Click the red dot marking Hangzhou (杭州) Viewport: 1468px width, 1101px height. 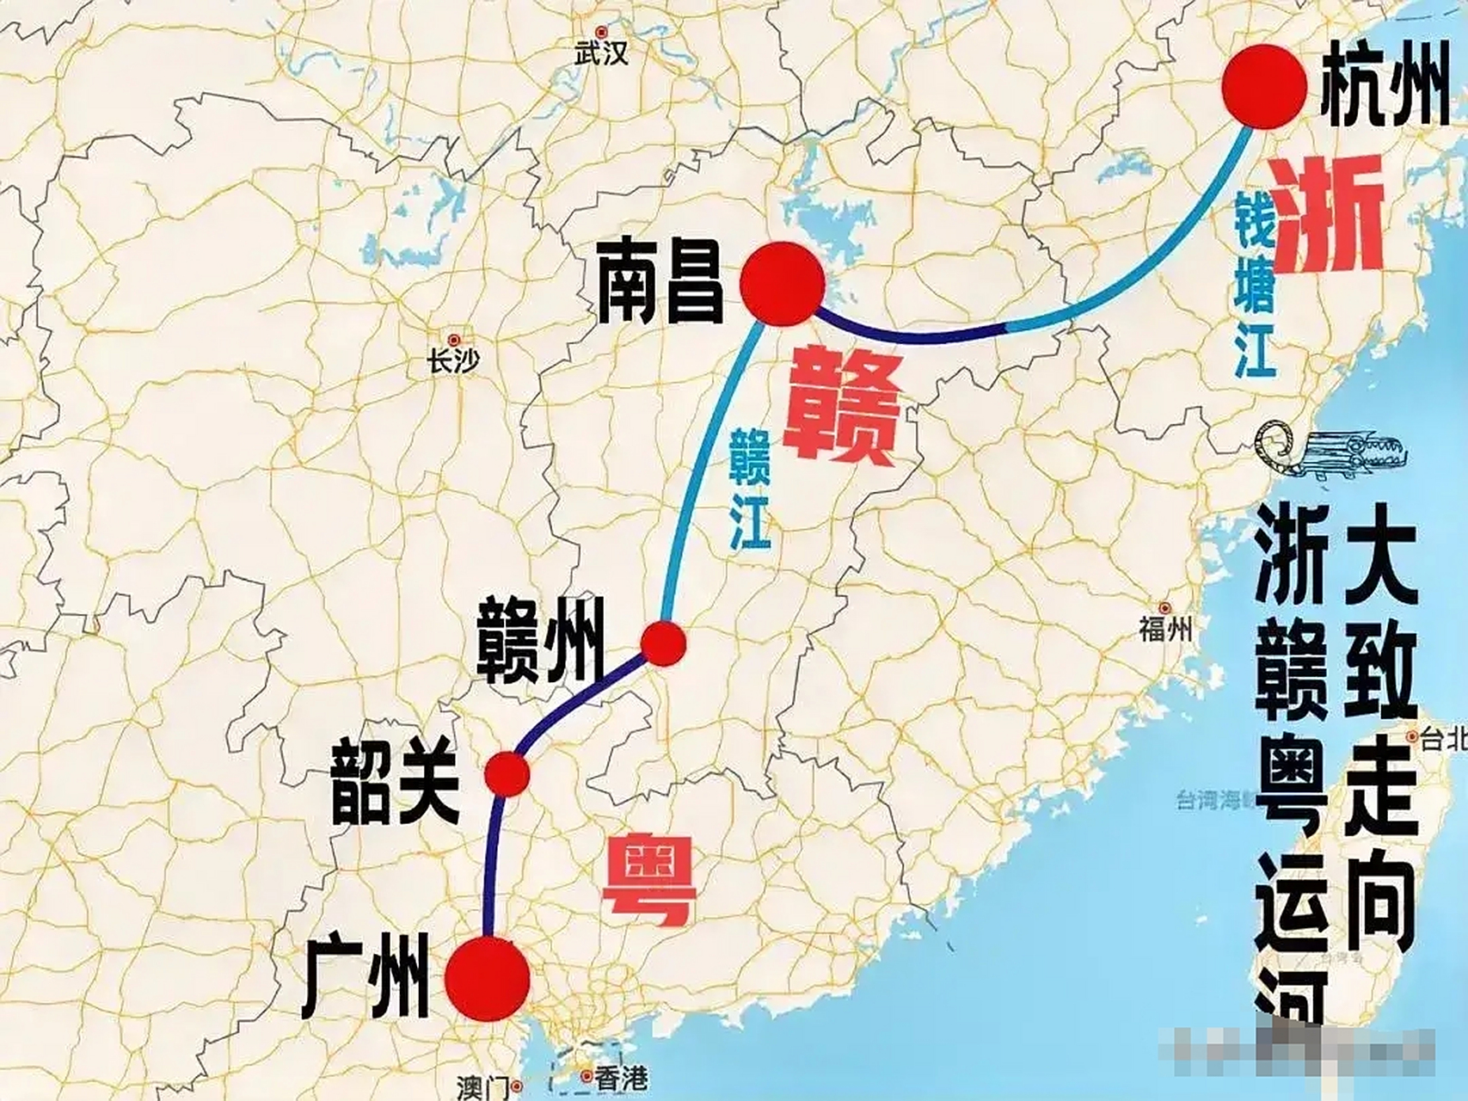(x=1264, y=87)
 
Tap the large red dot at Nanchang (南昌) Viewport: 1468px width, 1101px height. (x=783, y=285)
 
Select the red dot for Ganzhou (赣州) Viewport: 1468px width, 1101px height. (x=664, y=643)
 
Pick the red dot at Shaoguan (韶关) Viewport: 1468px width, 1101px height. (x=507, y=774)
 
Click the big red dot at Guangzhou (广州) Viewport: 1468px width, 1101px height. (x=488, y=980)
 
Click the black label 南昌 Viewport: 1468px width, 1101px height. (x=661, y=282)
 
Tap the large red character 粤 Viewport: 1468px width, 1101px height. (x=648, y=882)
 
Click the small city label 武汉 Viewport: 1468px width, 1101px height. (x=602, y=54)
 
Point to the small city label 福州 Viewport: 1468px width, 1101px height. (x=1165, y=630)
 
